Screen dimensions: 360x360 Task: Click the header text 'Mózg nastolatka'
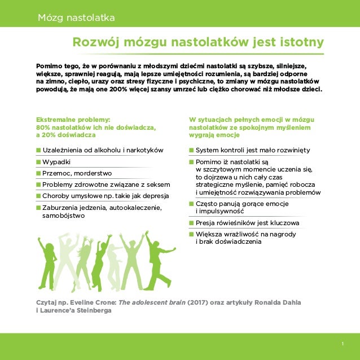tap(76, 18)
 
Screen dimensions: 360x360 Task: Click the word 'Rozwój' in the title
tap(96, 43)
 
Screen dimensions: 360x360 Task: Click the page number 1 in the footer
tap(343, 344)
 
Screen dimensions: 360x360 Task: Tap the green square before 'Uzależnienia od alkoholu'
tap(38, 150)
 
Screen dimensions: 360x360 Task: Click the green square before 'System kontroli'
tap(192, 150)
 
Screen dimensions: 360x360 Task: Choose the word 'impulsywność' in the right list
tap(220, 211)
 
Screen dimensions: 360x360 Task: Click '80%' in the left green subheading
tap(44, 128)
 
